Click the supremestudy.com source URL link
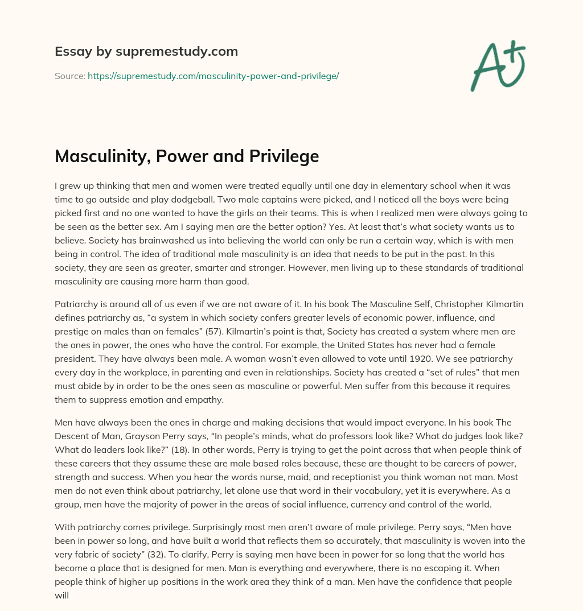(x=213, y=76)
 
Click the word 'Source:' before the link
(x=70, y=76)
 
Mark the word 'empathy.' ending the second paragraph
(x=208, y=399)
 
